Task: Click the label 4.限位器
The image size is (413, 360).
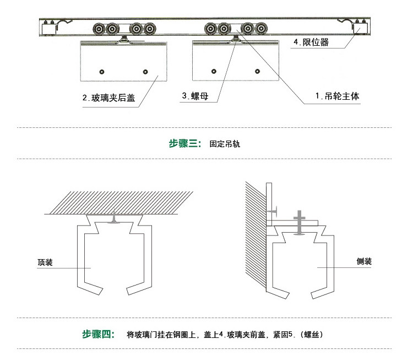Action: click(x=311, y=42)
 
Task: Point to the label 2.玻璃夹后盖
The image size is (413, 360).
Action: click(x=108, y=99)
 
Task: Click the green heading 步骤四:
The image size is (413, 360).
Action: click(x=98, y=334)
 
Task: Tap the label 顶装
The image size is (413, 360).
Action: click(x=45, y=264)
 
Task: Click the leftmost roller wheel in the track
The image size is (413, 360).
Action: click(x=99, y=29)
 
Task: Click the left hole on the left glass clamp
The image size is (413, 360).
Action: click(x=101, y=72)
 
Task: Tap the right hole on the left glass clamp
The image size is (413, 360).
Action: click(x=145, y=72)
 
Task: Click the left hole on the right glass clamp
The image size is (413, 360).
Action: click(x=214, y=70)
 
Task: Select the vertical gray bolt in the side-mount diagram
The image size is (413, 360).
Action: click(x=299, y=223)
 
